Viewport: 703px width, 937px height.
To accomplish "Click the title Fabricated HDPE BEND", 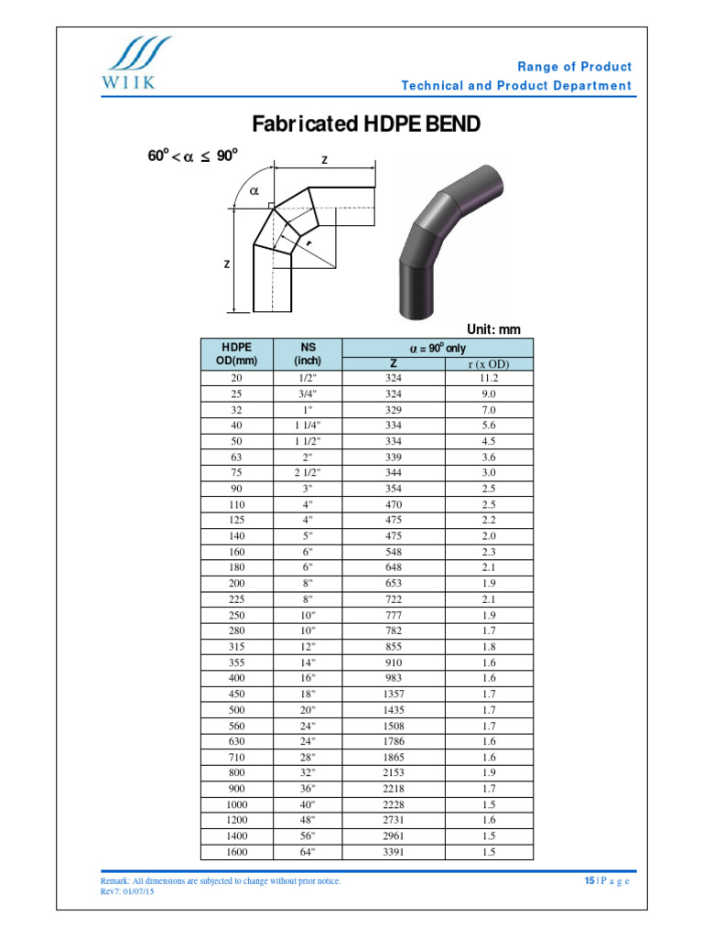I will click(x=365, y=124).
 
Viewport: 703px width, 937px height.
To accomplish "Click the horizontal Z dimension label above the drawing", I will click(x=324, y=160).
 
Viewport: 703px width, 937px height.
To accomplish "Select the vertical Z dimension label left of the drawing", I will click(x=227, y=264).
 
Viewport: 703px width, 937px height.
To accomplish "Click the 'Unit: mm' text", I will click(x=493, y=329).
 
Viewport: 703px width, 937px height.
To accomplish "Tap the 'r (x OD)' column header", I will click(x=488, y=364).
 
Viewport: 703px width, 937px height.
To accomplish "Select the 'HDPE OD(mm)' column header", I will click(x=237, y=354).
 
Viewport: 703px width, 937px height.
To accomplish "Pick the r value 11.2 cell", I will click(x=488, y=378).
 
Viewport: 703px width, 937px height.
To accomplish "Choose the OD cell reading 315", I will click(x=237, y=646).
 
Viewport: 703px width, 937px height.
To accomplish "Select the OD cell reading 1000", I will click(x=237, y=804).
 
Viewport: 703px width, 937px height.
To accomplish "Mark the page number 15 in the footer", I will click(x=590, y=880).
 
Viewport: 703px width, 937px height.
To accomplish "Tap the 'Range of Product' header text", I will click(x=574, y=67).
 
